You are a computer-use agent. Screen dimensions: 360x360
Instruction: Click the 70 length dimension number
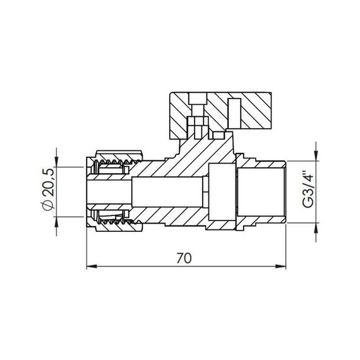(184, 258)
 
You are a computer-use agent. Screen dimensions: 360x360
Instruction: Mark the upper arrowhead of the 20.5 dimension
(57, 157)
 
